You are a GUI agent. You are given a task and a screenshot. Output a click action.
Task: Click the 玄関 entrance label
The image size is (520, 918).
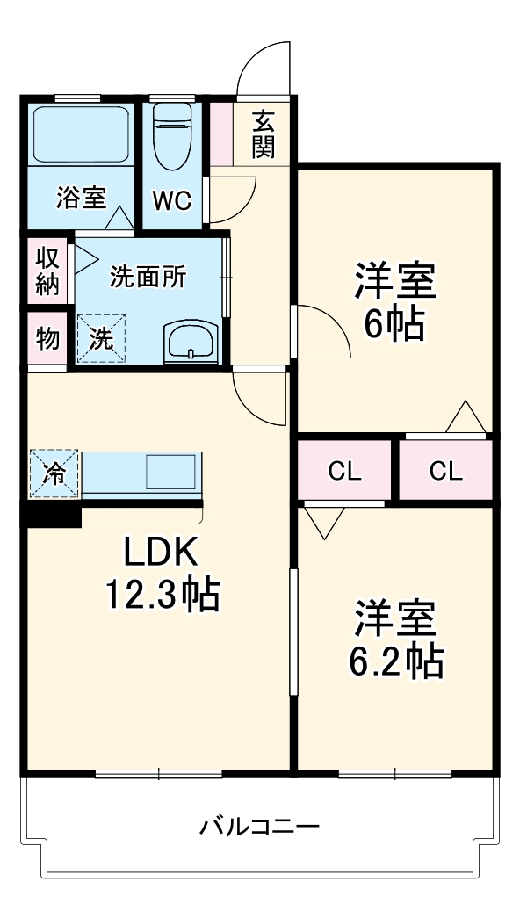coord(263,134)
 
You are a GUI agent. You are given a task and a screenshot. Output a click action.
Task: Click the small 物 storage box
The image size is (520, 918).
coord(47,337)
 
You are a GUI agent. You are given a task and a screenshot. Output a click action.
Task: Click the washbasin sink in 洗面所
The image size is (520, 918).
coord(189,340)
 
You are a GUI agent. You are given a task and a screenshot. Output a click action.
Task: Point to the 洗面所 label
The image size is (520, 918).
coord(148,277)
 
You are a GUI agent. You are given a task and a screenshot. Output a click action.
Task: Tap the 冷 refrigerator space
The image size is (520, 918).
coord(54,474)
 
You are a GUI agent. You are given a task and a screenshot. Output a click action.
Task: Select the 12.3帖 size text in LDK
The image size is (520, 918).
coord(162,596)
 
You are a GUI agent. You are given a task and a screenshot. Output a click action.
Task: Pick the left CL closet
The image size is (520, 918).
coord(345,471)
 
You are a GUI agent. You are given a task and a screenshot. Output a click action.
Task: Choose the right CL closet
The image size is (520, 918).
coord(445,471)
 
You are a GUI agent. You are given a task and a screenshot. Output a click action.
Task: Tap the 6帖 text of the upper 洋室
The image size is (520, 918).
coord(394,324)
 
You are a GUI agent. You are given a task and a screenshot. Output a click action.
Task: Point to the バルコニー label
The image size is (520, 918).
coord(259,827)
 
